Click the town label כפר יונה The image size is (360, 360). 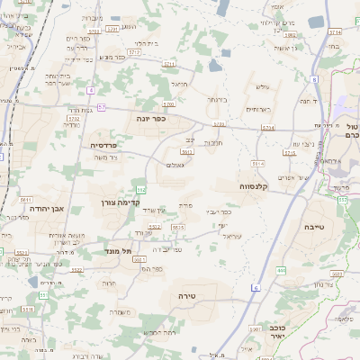tap(149, 119)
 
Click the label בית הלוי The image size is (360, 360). tap(146, 42)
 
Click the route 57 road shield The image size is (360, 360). tap(102, 107)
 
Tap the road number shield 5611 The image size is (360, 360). tap(24, 200)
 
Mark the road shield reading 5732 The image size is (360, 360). tap(74, 118)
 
